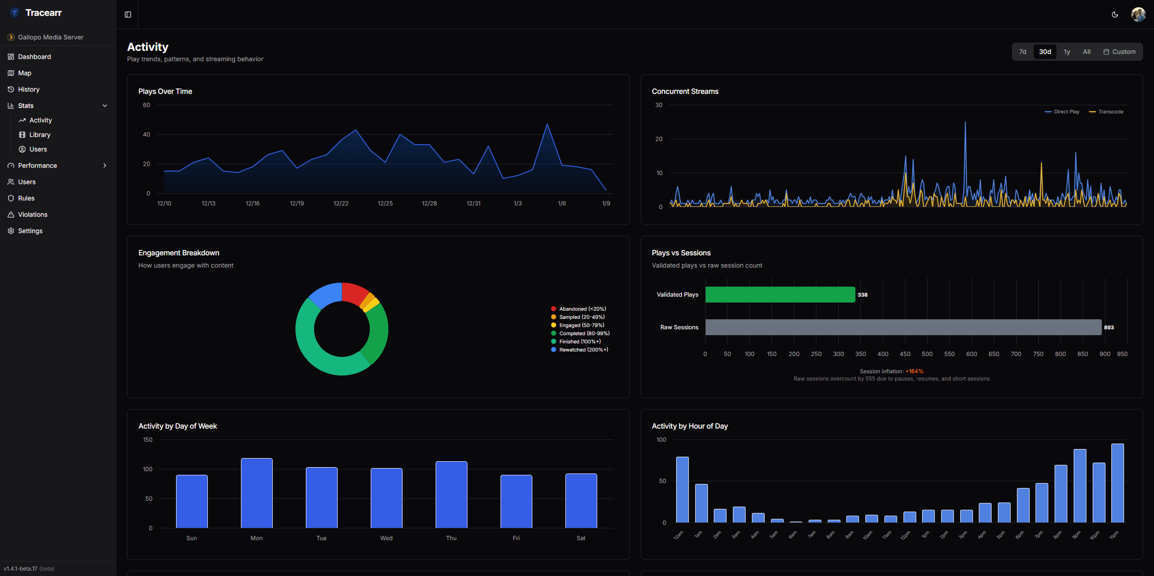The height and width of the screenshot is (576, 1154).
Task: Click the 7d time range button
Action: (x=1022, y=52)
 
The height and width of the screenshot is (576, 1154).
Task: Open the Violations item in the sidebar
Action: (x=32, y=215)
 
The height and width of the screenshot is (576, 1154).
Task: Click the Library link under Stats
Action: (x=39, y=135)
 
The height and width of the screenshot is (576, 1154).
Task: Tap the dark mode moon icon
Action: (x=1115, y=15)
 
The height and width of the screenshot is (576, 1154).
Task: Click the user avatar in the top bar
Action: (x=1138, y=15)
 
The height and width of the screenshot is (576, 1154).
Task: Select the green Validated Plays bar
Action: (x=780, y=295)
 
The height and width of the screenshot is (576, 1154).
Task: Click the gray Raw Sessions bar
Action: (x=903, y=327)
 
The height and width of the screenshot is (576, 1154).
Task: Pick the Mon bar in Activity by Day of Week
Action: (x=256, y=493)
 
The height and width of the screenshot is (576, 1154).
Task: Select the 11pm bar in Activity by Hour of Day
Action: (x=1117, y=483)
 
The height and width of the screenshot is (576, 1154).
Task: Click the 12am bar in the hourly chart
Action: (x=682, y=489)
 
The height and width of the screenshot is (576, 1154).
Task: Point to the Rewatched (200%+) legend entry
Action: (x=583, y=350)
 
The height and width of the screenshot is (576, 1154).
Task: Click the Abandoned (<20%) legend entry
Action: (x=582, y=309)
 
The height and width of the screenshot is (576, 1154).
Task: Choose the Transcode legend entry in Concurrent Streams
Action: (x=1110, y=112)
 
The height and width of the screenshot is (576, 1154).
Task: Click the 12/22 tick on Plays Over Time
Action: (x=341, y=204)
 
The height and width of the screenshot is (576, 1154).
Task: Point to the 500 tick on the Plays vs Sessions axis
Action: (x=927, y=354)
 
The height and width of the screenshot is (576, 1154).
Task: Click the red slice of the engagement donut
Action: (x=354, y=293)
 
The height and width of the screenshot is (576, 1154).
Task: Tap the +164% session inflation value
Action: (x=914, y=371)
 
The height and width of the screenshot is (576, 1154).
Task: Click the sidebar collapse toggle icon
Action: (x=128, y=15)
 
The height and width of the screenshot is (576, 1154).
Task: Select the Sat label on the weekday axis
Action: (x=581, y=538)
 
